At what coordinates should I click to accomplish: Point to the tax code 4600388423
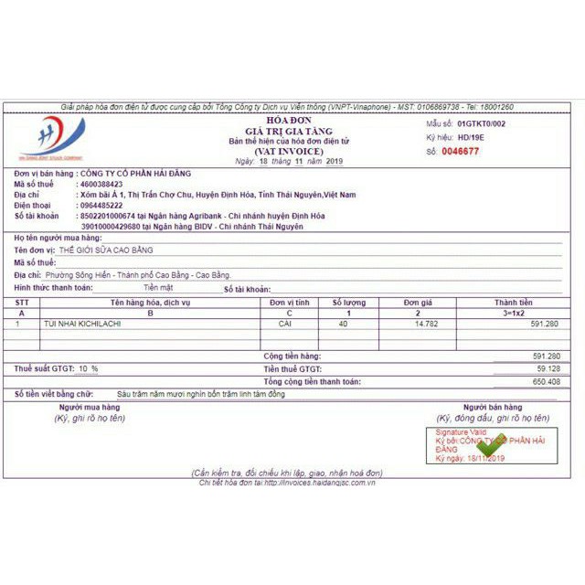101,184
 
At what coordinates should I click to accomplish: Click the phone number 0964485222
101,206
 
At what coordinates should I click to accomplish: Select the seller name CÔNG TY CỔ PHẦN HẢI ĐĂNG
136,173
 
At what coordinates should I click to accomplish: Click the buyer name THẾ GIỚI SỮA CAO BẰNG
111,250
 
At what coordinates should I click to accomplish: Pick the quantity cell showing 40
343,323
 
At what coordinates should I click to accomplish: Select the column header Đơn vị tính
290,302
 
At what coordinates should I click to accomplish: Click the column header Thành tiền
513,302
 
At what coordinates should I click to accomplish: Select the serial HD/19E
473,136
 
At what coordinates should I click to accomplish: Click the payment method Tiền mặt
157,287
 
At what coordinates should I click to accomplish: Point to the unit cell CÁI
285,323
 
